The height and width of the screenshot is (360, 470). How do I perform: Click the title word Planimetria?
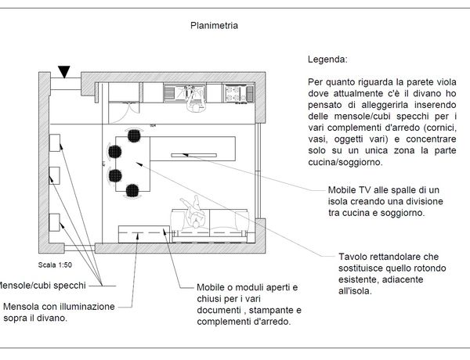pos(214,25)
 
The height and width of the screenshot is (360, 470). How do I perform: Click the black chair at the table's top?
pos(134,135)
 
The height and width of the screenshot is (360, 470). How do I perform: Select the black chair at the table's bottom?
pos(132,189)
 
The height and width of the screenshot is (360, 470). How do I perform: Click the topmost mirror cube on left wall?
pos(56,143)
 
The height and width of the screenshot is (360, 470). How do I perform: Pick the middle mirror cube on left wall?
pos(56,177)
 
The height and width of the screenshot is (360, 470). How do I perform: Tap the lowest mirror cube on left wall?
pos(56,222)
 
